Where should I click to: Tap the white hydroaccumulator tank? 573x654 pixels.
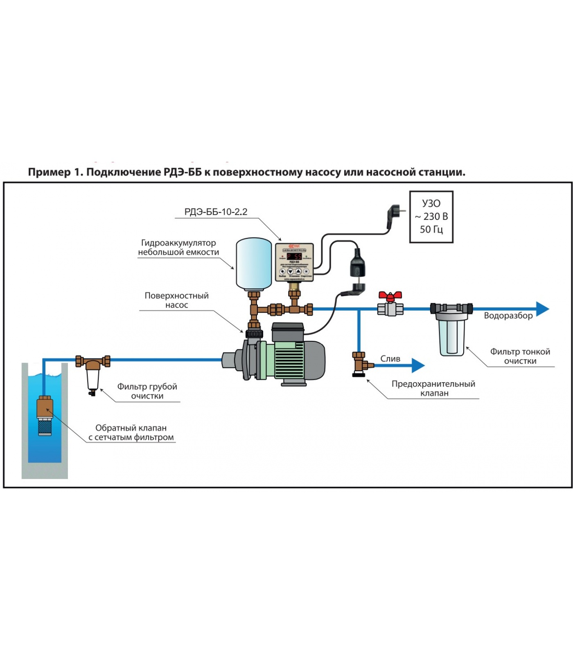(254, 264)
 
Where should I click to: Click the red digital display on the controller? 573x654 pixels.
(294, 257)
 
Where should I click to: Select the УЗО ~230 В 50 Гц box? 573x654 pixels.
(431, 217)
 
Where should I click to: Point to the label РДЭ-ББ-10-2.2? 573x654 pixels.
(216, 212)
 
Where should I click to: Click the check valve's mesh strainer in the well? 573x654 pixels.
(45, 427)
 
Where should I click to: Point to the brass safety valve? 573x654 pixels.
(360, 364)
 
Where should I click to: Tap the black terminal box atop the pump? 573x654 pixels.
(288, 331)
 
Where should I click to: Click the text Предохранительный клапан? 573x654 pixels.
(433, 388)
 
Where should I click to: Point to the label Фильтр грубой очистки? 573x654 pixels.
(147, 391)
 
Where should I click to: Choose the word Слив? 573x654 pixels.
(390, 358)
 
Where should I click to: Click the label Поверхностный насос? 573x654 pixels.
(176, 300)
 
